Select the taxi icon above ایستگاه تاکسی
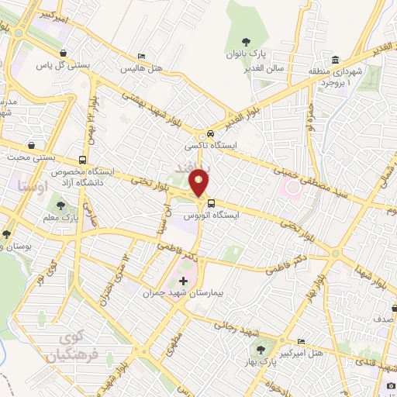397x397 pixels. pos(202,133)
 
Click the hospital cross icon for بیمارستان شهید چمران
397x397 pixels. pos(183,281)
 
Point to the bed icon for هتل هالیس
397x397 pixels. pos(140,57)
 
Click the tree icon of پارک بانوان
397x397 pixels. pos(246,43)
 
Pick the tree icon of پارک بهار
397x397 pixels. pos(269,350)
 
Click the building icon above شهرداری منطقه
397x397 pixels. pos(334,60)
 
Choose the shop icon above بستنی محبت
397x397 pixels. pos(30,145)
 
